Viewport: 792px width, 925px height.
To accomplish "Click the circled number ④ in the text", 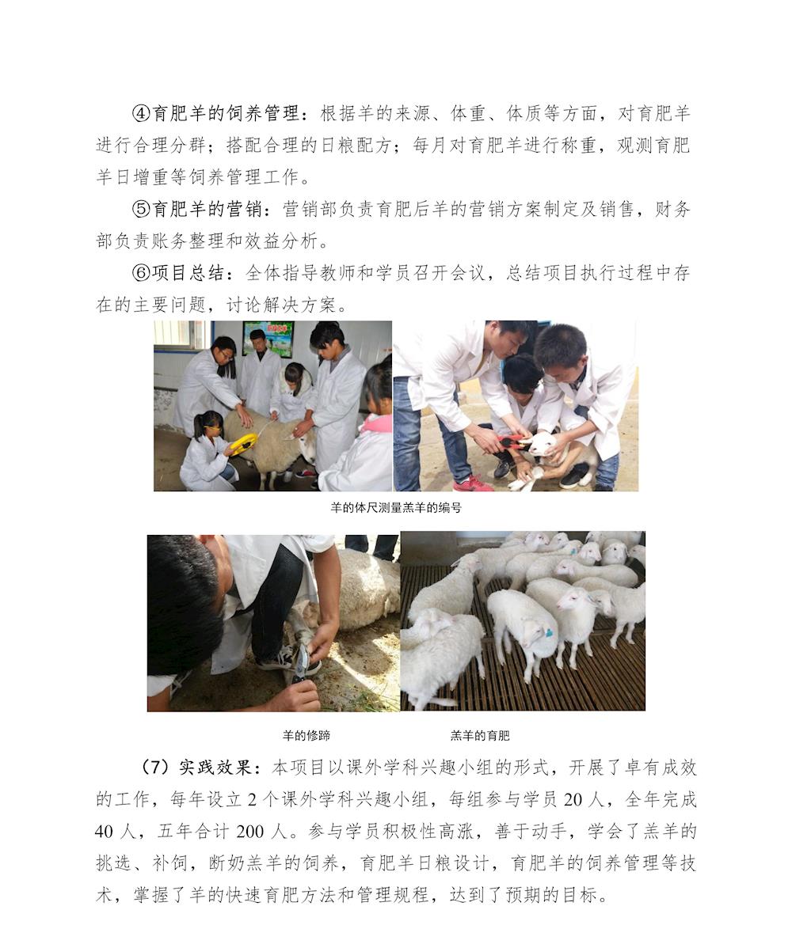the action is (x=141, y=113).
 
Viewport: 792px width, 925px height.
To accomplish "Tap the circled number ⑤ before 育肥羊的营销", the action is (x=141, y=209).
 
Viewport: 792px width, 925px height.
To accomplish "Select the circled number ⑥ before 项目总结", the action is (x=141, y=272).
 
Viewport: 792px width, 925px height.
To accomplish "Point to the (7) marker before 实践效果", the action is (x=155, y=767).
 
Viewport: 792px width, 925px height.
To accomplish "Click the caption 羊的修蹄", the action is (x=307, y=736).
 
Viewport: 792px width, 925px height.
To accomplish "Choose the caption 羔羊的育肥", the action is (x=480, y=736).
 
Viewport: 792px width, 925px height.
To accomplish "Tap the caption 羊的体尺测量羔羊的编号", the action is (x=396, y=507).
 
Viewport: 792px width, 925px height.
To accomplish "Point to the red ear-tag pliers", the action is (x=512, y=442).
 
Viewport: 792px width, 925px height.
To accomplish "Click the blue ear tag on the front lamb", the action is (x=549, y=634).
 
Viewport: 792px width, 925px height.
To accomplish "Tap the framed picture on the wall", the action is (x=268, y=339).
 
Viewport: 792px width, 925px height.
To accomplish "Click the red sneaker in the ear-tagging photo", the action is (x=471, y=483).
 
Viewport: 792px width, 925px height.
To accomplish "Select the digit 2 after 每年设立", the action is (x=252, y=799).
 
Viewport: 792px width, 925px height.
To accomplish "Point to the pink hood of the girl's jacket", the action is (x=377, y=423).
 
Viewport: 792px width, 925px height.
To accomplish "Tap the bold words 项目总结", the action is (x=188, y=272).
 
